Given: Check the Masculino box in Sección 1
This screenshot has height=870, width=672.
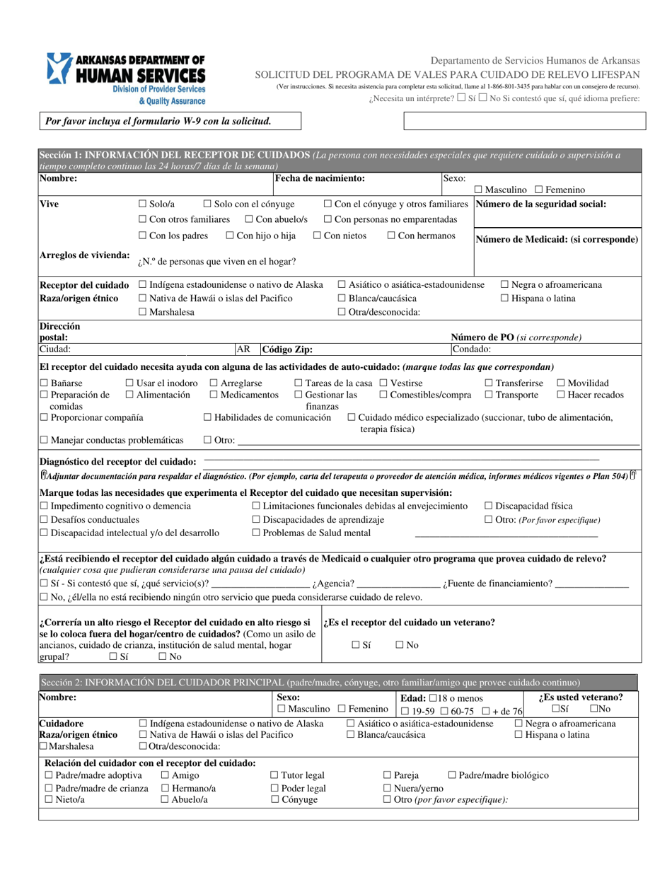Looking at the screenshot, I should pyautogui.click(x=479, y=190).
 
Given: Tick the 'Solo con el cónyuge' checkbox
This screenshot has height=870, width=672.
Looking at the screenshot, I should pyautogui.click(x=208, y=204).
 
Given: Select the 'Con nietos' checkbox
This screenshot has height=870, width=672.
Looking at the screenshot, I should pyautogui.click(x=318, y=236).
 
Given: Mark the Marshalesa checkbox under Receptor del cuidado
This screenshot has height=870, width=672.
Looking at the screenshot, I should pyautogui.click(x=143, y=311).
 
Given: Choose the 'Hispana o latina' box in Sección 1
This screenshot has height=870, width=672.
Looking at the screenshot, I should pyautogui.click(x=504, y=298).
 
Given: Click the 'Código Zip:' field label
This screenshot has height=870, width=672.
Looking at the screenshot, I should pyautogui.click(x=287, y=349).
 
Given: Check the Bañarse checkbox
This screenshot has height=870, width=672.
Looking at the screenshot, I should pyautogui.click(x=44, y=383).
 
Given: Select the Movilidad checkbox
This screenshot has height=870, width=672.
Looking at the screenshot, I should pyautogui.click(x=562, y=383).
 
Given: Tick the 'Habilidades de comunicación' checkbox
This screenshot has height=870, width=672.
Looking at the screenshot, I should pyautogui.click(x=207, y=418).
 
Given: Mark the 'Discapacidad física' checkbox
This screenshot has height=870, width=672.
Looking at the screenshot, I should pyautogui.click(x=489, y=506).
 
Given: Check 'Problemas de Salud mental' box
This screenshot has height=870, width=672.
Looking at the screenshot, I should pyautogui.click(x=257, y=533).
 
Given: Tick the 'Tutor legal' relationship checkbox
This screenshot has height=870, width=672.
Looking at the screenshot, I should pyautogui.click(x=275, y=775).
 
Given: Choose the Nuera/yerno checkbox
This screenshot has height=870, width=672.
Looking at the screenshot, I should pyautogui.click(x=387, y=788).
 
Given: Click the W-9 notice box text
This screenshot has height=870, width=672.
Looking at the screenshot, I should pyautogui.click(x=158, y=121).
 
